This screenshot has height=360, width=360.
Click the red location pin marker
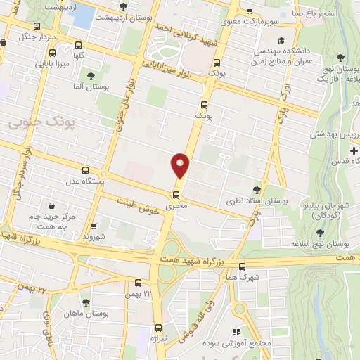(x=181, y=165)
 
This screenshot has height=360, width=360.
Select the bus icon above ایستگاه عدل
(x=86, y=170)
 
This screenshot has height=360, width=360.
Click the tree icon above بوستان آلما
(x=90, y=75)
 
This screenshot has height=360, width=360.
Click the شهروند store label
(x=92, y=237)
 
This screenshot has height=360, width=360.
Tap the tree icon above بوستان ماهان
(x=86, y=302)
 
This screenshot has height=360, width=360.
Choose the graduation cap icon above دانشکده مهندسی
(x=282, y=40)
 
